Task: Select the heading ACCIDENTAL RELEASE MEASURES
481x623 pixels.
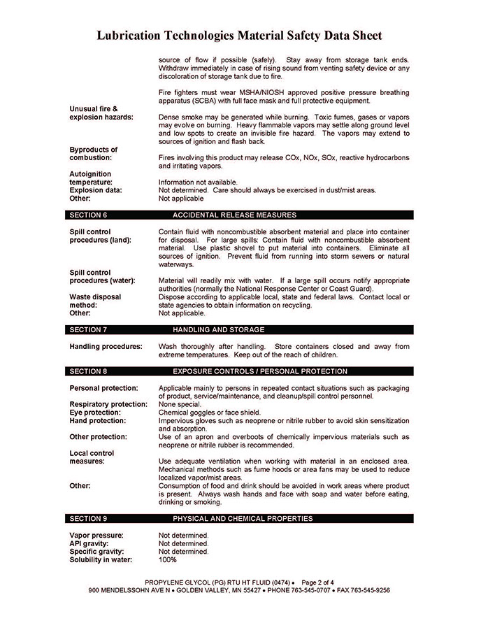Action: (234, 215)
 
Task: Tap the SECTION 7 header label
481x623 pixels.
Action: (88, 329)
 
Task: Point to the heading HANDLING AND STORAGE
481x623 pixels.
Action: (219, 329)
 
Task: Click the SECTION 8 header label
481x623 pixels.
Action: (88, 371)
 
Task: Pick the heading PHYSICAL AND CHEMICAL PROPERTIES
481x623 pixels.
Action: (243, 519)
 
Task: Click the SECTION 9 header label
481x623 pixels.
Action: (88, 519)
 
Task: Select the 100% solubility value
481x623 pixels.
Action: (168, 559)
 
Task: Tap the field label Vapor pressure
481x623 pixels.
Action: (96, 535)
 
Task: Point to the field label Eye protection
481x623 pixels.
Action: (96, 413)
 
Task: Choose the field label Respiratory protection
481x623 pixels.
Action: (108, 404)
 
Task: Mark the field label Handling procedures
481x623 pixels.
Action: (106, 347)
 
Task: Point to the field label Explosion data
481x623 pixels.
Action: (95, 190)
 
